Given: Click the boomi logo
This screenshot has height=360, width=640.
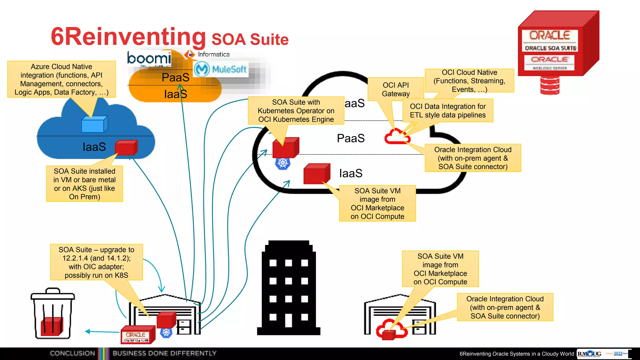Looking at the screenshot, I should click(x=149, y=58).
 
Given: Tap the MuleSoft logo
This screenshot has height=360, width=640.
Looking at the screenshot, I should click(x=221, y=69).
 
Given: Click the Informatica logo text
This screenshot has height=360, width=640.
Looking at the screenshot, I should click(x=213, y=54).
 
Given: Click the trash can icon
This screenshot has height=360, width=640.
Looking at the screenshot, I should click(x=52, y=314).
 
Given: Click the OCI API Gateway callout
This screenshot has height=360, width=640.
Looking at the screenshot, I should click(x=396, y=89).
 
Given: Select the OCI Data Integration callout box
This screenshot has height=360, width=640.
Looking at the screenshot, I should click(x=447, y=111).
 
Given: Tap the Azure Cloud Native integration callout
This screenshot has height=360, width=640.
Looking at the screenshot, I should click(x=62, y=79).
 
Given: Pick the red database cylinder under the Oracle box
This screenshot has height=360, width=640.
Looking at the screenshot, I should click(x=550, y=85).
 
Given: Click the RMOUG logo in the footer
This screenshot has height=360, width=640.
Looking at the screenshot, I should click(x=589, y=354).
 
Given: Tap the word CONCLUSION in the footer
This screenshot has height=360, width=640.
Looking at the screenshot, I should click(x=72, y=353).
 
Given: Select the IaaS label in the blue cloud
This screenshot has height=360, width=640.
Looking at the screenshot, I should click(x=94, y=147).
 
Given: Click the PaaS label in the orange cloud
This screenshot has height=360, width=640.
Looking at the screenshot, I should click(x=175, y=77).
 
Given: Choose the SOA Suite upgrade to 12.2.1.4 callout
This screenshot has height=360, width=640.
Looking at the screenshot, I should click(x=96, y=262).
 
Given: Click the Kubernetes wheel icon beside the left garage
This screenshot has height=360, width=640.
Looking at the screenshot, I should click(x=166, y=332).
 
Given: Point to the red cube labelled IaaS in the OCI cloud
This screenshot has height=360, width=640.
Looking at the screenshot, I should click(x=317, y=174).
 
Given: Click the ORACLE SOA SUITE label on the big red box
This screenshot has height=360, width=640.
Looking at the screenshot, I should click(x=550, y=48).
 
